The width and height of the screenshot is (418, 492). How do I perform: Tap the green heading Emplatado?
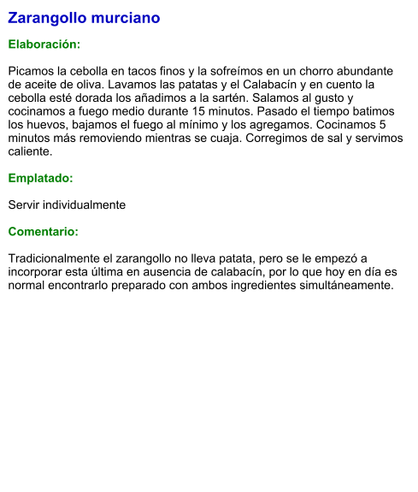click(x=40, y=179)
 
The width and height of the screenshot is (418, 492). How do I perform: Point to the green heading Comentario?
click(x=43, y=232)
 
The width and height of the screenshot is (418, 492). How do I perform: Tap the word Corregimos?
click(x=260, y=139)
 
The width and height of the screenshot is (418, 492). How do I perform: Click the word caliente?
click(x=30, y=151)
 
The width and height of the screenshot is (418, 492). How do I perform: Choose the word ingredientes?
click(x=286, y=285)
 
